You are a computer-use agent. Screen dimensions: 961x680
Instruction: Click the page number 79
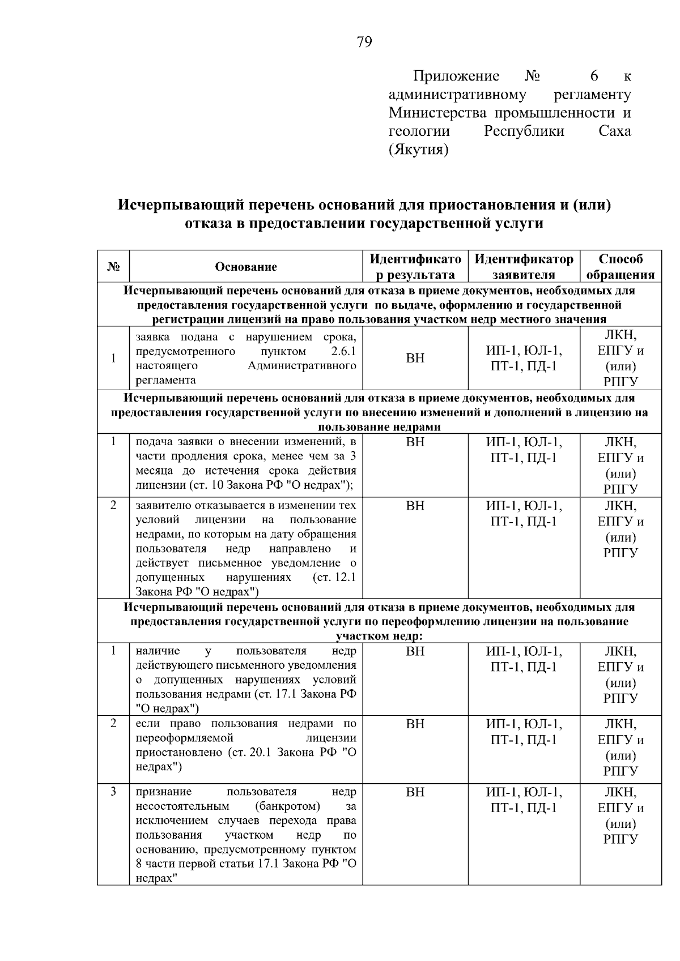click(364, 42)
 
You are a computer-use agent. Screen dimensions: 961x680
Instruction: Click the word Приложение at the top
click(456, 76)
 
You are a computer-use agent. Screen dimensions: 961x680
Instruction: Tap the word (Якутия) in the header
click(418, 150)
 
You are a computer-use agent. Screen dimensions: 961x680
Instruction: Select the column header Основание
click(246, 267)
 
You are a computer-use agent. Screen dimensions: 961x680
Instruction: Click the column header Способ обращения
click(620, 267)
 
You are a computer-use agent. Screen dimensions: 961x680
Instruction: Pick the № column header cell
click(113, 267)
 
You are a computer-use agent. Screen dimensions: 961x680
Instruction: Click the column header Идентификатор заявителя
click(524, 267)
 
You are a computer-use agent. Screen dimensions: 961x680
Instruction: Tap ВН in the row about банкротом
click(415, 792)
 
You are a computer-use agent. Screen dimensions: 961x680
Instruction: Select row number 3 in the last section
click(113, 791)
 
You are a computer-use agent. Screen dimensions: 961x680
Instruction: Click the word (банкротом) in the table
click(287, 806)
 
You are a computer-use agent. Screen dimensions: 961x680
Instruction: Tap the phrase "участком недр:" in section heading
click(380, 636)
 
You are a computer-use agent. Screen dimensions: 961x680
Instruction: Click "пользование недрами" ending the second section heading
click(379, 427)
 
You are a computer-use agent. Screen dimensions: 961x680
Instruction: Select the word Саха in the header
click(614, 131)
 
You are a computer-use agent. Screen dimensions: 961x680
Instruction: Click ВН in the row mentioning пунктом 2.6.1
click(415, 358)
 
